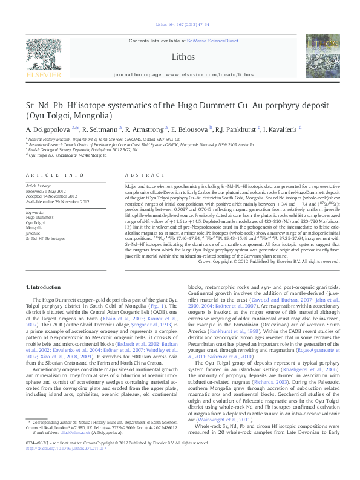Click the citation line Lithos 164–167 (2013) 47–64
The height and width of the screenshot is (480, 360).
[180, 24]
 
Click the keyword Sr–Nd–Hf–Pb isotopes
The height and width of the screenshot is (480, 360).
[45, 235]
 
